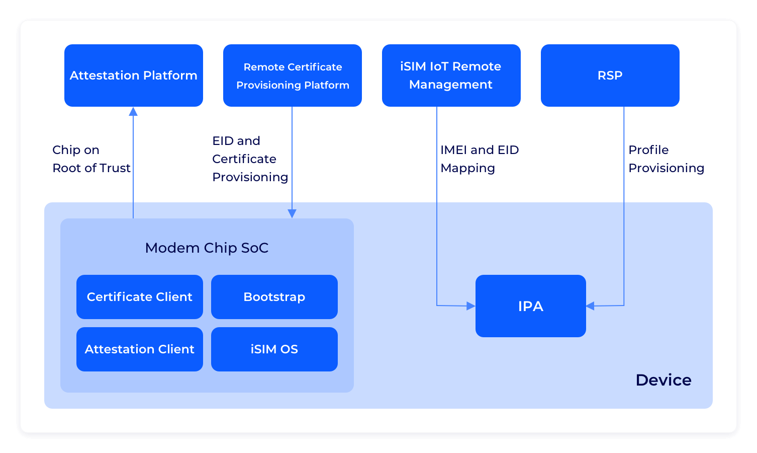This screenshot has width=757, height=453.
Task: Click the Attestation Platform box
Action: [134, 75]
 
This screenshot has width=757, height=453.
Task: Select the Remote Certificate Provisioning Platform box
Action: [293, 75]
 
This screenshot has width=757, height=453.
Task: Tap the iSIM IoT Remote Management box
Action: [451, 75]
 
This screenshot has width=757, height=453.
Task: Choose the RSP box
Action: [610, 75]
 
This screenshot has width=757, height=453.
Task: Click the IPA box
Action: [531, 306]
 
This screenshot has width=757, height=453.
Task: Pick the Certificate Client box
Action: [140, 296]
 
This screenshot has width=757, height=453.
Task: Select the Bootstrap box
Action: [274, 296]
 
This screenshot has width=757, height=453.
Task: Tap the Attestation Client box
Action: [140, 349]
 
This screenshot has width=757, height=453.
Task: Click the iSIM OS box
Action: [274, 349]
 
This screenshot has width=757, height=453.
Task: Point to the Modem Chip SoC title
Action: [207, 248]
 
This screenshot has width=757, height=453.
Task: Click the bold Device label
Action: [664, 380]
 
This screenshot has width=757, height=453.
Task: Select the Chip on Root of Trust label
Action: [91, 159]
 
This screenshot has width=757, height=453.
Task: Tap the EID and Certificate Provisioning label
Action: [250, 159]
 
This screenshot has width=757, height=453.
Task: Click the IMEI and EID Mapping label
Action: [480, 159]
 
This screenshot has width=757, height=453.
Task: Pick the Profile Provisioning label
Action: [666, 159]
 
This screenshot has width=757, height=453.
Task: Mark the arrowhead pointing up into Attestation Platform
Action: [133, 112]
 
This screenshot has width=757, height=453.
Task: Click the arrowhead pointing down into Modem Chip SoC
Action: [292, 213]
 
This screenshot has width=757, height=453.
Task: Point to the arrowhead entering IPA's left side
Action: [471, 306]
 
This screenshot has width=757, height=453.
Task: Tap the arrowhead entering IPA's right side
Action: [590, 306]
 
